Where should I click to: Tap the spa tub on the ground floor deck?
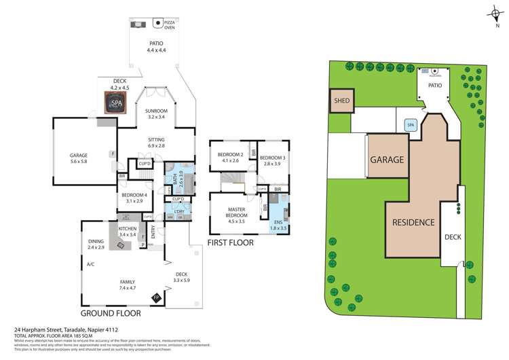[117, 103]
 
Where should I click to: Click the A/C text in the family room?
[90, 264]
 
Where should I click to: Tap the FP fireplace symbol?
[156, 298]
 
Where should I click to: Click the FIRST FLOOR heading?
[231, 242]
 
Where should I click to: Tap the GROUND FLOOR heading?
[111, 314]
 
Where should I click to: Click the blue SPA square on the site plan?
[410, 125]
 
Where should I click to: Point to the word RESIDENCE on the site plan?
[413, 222]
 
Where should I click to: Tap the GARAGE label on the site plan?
[387, 160]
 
